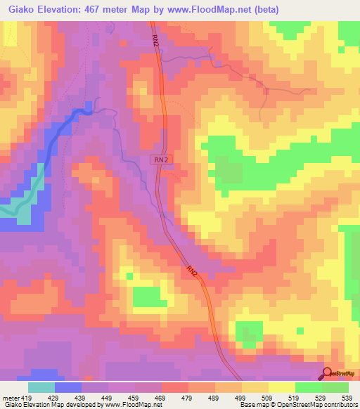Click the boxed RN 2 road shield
pyautogui.click(x=160, y=160)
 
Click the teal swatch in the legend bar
pyautogui.click(x=41, y=387)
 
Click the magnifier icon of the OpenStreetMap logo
pyautogui.click(x=328, y=373)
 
